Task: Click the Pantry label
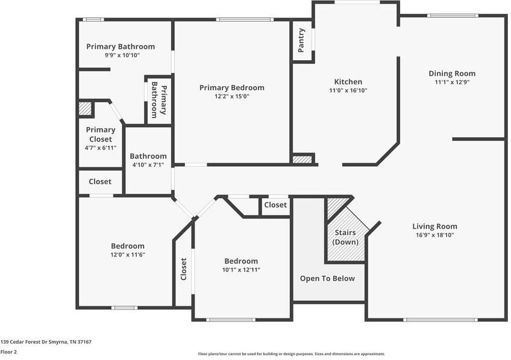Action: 302,40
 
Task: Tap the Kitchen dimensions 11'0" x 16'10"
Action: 348,91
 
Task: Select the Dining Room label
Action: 452,73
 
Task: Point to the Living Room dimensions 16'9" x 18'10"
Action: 434,235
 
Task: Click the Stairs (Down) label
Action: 346,237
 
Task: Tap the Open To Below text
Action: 327,279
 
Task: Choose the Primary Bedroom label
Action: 231,87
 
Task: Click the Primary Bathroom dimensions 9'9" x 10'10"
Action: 121,55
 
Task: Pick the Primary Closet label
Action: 101,134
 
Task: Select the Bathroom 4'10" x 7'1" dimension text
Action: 148,165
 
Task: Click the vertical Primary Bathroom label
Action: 158,100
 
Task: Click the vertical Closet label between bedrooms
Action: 184,268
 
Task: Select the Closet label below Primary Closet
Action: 100,181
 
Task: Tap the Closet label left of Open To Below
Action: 275,205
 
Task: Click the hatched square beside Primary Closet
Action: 86,109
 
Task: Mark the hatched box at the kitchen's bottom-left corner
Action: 303,160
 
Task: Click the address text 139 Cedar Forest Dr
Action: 46,342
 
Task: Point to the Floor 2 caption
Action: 8,352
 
